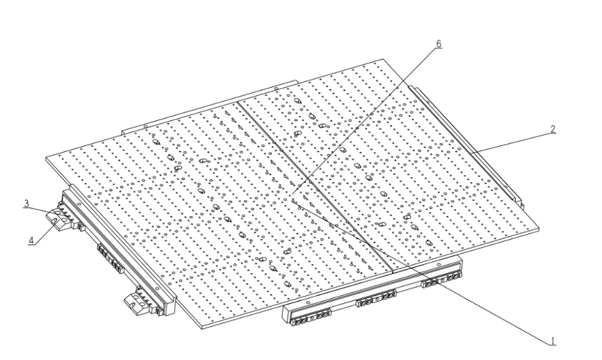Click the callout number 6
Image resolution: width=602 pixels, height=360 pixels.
[439, 44]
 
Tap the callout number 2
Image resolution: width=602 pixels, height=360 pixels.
[553, 129]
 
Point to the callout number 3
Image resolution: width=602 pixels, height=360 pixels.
[26, 204]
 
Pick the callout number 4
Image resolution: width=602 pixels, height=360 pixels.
[31, 241]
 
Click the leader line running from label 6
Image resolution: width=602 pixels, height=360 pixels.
[364, 122]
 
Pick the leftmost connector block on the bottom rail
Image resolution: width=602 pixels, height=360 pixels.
[311, 315]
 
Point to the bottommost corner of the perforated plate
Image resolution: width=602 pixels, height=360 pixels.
[203, 329]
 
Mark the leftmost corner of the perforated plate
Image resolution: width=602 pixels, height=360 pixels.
[46, 158]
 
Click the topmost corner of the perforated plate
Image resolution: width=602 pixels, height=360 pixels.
[383, 59]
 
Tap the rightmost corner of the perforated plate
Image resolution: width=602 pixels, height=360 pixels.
[539, 229]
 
